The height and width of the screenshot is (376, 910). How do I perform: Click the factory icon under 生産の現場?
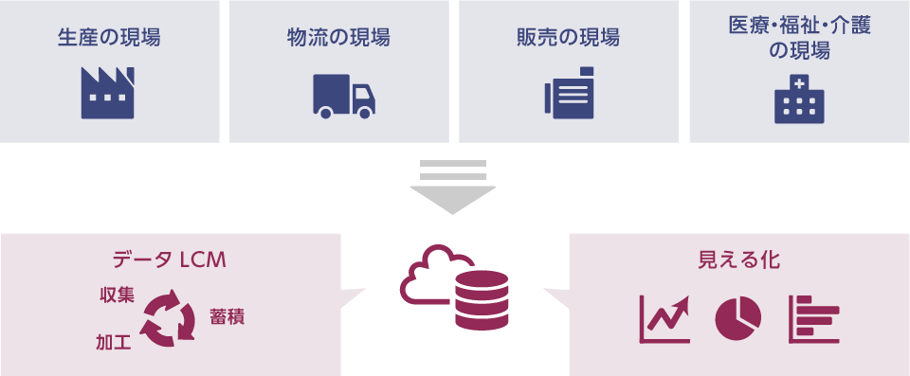pos(108,93)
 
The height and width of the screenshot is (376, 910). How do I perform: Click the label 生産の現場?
pos(109,38)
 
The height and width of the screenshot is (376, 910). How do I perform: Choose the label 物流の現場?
pos(338,38)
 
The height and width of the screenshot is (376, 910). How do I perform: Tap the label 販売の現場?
pos(569,38)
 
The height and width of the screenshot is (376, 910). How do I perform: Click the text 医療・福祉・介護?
pos(799,27)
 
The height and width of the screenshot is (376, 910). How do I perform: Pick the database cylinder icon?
pos(482,297)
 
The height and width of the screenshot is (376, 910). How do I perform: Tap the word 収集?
pos(117,295)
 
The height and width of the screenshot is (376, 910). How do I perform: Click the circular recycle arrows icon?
pos(168,318)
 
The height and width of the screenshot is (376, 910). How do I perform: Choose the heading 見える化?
pos(738,259)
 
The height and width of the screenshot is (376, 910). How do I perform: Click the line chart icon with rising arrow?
pos(664,319)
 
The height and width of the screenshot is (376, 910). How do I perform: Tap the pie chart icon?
pos(738,319)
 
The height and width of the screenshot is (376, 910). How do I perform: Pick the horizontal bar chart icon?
pos(813,319)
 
